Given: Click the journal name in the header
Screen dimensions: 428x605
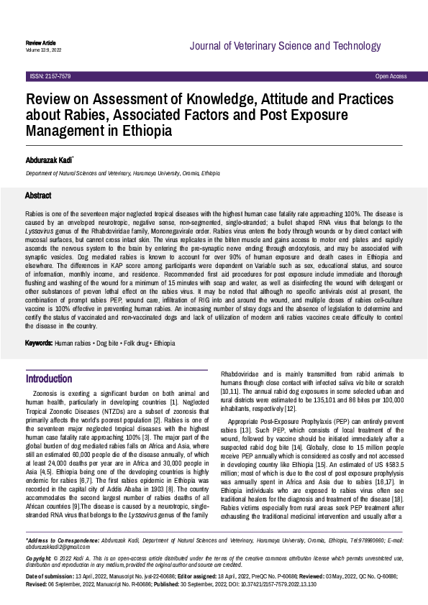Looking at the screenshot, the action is click(295, 47).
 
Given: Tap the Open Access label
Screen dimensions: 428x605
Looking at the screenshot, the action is click(391, 76).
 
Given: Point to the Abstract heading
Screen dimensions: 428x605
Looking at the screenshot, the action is click(38, 195).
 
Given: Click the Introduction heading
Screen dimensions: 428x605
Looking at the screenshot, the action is click(49, 379).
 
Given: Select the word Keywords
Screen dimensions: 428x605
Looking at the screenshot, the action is click(39, 343).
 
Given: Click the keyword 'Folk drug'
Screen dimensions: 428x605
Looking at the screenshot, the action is click(130, 343).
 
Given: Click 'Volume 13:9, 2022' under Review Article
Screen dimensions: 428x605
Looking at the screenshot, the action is click(43, 50).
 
